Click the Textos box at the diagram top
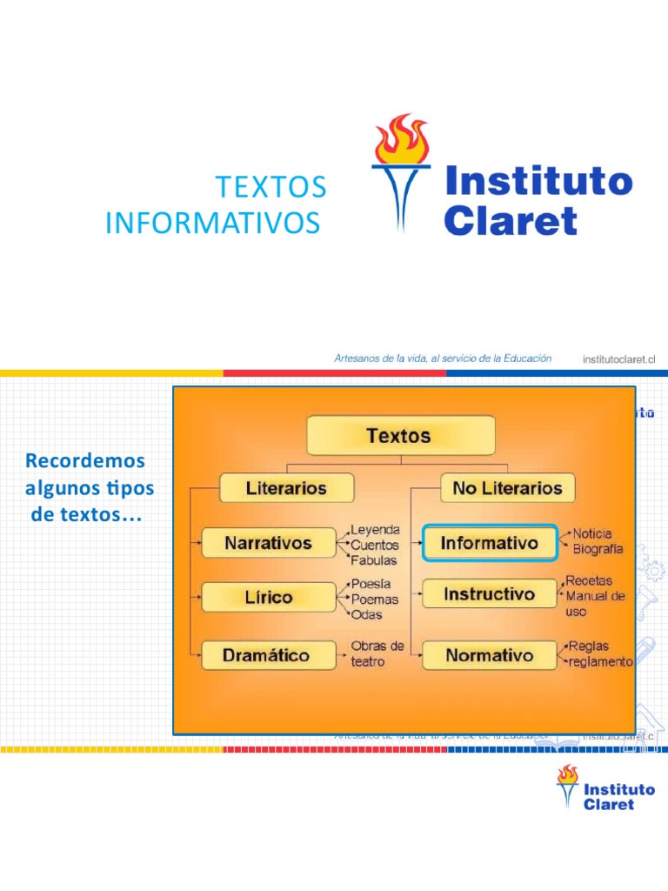400,435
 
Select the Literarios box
286,488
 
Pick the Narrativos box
268,543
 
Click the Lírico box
268,597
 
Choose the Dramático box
268,655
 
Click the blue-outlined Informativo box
490,544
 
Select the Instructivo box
490,594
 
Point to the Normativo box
490,655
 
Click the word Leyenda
375,529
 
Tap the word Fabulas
373,559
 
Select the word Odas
366,615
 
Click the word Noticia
592,533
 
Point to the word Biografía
598,549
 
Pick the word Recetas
589,580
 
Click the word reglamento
601,662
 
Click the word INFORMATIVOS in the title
212,224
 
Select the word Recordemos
85,459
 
